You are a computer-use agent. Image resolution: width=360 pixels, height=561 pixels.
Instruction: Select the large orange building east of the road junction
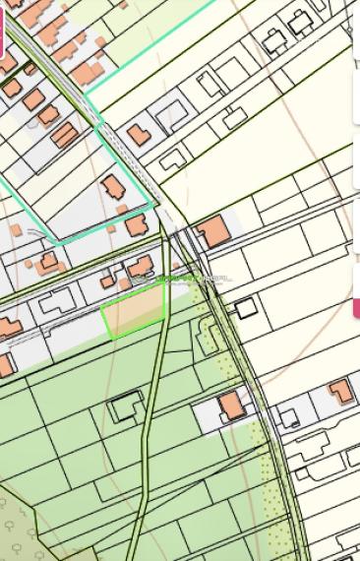pos(213,233)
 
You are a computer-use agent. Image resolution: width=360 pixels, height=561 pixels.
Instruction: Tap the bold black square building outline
pos(246,309)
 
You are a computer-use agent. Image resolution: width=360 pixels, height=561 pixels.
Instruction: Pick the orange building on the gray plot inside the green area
pos(232,405)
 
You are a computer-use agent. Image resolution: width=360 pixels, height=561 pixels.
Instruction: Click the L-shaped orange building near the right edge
pos(340,391)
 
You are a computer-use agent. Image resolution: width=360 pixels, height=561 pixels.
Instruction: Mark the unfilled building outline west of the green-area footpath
pos(125,405)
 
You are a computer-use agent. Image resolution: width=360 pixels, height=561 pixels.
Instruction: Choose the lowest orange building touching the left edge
pos(5,365)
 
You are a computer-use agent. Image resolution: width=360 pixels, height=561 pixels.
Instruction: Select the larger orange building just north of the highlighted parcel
pos(141,267)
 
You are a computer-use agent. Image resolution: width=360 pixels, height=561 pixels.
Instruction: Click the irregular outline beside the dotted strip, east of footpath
pos(208,340)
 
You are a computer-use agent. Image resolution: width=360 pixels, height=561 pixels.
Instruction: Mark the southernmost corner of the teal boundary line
pos(58,242)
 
